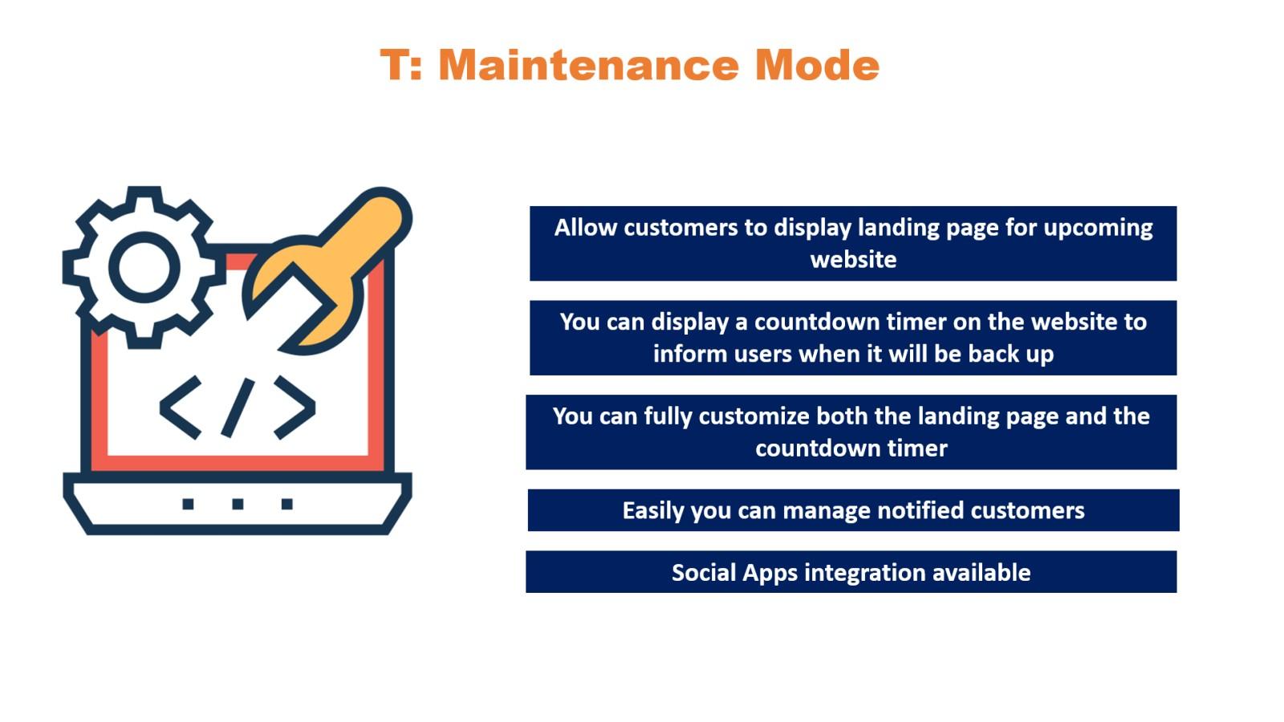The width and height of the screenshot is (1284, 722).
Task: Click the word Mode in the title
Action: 816,64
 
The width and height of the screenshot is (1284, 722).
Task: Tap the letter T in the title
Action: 394,64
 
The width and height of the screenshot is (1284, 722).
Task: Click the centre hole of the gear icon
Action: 144,267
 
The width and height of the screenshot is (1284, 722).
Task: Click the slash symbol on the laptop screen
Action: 238,408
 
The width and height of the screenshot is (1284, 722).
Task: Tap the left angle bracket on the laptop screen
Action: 181,408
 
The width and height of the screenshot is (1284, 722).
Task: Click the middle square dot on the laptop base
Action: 238,504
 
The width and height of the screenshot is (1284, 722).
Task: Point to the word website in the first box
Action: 853,260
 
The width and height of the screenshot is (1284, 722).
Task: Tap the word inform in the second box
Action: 683,354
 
